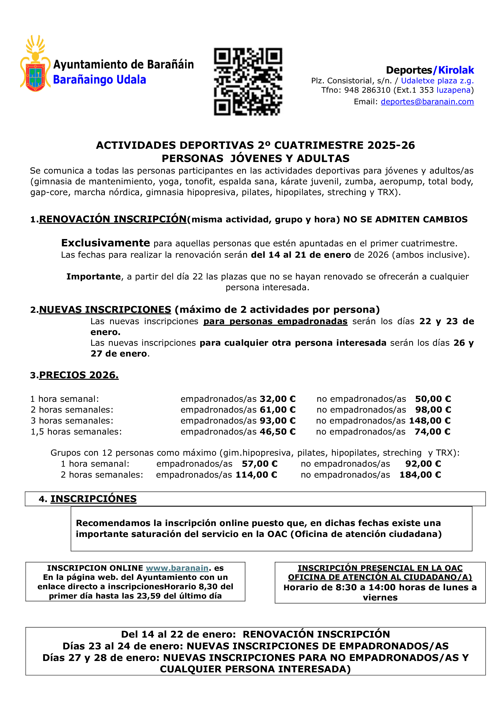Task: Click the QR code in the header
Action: pos(248,82)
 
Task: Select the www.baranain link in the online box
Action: pos(177,568)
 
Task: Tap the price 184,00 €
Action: pos(420,475)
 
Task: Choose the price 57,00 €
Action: pos(259,464)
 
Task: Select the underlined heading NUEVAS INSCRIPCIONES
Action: pos(105,310)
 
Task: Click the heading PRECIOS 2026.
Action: pos(79,375)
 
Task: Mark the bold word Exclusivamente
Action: pos(105,243)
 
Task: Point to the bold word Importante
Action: pos(93,277)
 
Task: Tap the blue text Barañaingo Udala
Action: pos(100,80)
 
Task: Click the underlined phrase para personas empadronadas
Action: pos(275,321)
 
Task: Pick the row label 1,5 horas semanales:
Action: pos(76,432)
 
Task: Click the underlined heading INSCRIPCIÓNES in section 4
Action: pos(93,499)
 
